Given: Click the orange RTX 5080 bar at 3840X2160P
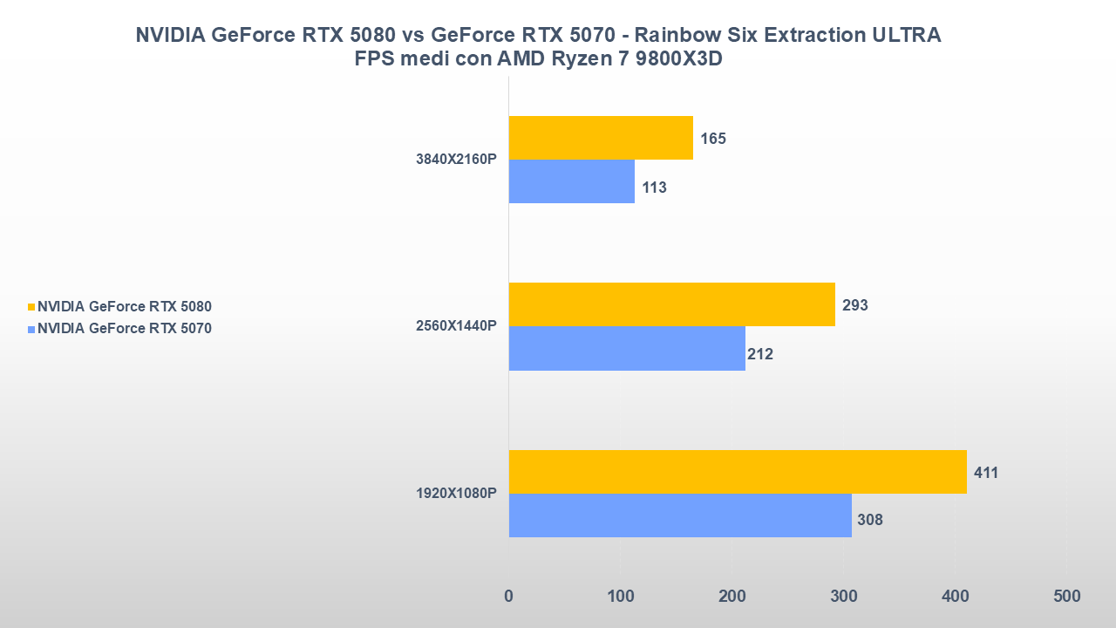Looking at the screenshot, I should (x=601, y=138).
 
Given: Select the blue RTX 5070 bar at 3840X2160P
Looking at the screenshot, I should (x=572, y=181).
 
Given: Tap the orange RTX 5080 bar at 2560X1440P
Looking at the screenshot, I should (x=671, y=304).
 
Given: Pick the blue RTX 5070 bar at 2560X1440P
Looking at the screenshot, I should (x=627, y=348).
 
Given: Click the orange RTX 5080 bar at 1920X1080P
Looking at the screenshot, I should (x=738, y=472).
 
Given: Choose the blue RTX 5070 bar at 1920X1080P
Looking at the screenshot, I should (x=680, y=515).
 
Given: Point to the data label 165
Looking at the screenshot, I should (x=713, y=139).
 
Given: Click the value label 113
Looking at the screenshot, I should (x=654, y=188).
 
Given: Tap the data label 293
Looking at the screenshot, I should (x=855, y=305).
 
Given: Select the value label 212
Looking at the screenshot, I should (x=760, y=354).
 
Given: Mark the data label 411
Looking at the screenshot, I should (x=986, y=473).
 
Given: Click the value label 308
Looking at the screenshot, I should (x=870, y=521).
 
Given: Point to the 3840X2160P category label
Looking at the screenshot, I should (x=457, y=160).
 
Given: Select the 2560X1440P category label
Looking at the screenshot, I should (x=457, y=326).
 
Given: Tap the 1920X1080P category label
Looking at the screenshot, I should (x=457, y=494).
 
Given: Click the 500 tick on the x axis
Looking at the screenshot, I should (x=1066, y=597).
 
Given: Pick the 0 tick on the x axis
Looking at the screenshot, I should (x=509, y=597).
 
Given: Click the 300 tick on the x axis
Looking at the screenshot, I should (x=844, y=597).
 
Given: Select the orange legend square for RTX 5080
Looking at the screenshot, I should (x=31, y=307).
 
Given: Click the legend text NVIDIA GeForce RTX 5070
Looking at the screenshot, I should (x=125, y=329).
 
